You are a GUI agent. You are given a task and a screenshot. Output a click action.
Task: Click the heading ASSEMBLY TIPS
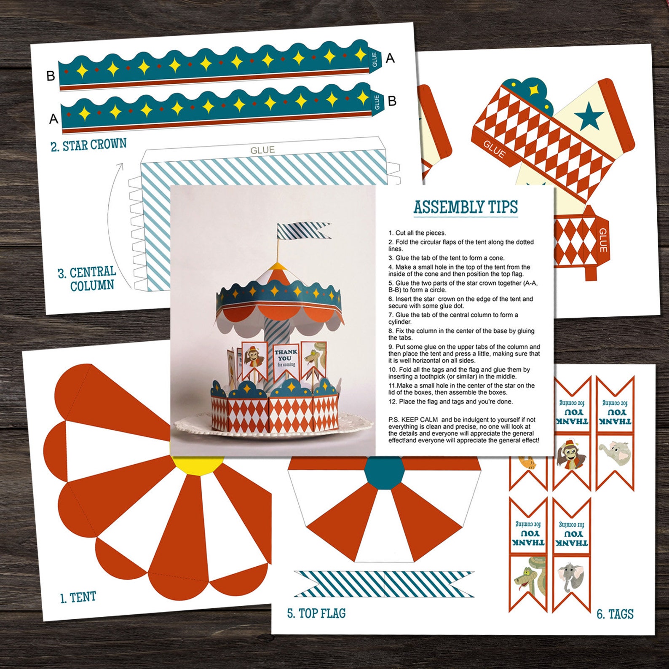pyautogui.click(x=466, y=207)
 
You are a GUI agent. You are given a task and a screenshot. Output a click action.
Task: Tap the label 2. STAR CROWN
pyautogui.click(x=88, y=145)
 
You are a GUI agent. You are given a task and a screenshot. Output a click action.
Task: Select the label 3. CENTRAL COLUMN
pyautogui.click(x=87, y=278)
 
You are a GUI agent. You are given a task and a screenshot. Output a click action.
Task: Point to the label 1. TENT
pyautogui.click(x=78, y=597)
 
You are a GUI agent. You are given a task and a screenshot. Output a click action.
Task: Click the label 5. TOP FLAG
pyautogui.click(x=316, y=613)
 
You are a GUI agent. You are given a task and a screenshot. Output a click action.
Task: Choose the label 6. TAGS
pyautogui.click(x=615, y=614)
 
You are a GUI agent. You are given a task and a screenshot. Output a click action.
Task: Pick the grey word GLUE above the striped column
pyautogui.click(x=262, y=150)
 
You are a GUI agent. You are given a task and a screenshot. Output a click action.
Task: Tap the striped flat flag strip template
pyautogui.click(x=384, y=584)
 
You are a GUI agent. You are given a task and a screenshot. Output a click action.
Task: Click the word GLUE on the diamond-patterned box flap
pyautogui.click(x=494, y=149)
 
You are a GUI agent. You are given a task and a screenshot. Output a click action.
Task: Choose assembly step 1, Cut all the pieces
pyautogui.click(x=417, y=233)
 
